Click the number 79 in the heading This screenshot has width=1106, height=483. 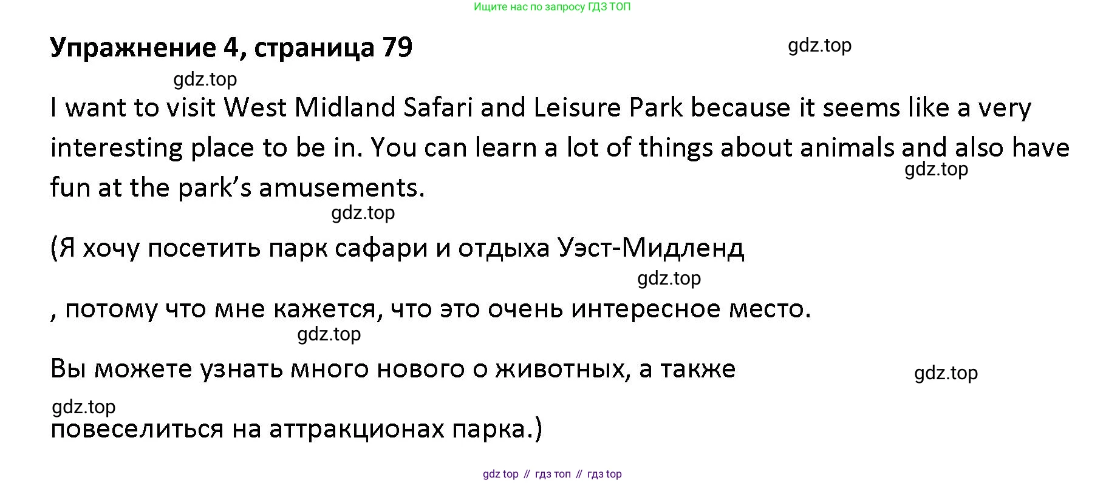(x=397, y=47)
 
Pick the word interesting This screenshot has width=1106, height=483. (x=117, y=147)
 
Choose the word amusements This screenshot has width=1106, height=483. (x=342, y=188)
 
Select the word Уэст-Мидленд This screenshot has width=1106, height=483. (x=650, y=248)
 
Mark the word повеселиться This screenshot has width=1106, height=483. (x=137, y=430)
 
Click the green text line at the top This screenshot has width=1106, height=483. (x=552, y=7)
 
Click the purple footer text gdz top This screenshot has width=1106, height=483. (x=500, y=474)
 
